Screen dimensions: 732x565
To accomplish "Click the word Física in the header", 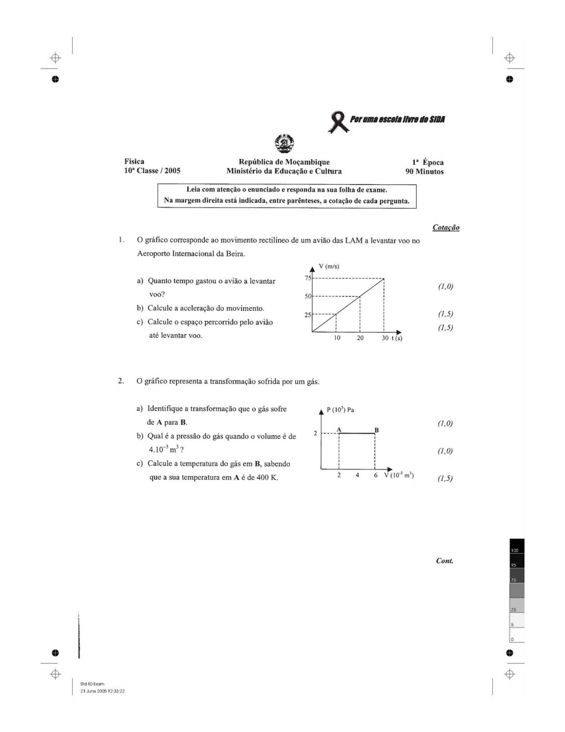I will (134, 162).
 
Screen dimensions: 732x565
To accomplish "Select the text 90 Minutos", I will (424, 172).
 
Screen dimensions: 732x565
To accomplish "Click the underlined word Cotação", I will (446, 227).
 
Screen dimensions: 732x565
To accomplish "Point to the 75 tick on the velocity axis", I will (307, 278).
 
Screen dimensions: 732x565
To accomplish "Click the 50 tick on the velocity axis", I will (307, 296).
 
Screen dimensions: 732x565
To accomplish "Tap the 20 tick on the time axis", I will (360, 338).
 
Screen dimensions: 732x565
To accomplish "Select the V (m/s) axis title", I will (329, 267).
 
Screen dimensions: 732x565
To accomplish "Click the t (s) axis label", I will (397, 338).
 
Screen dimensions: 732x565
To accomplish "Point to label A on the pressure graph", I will (339, 429).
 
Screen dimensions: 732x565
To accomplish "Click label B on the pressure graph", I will (376, 430).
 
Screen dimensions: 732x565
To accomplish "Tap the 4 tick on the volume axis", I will (357, 475).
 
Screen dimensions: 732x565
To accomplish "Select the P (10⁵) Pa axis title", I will (340, 410).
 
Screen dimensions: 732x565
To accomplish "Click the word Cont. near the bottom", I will (445, 560).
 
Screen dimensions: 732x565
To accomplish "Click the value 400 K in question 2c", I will (267, 477).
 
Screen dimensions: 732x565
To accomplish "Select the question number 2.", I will (120, 381).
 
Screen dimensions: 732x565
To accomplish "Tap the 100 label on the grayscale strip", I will (515, 550).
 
